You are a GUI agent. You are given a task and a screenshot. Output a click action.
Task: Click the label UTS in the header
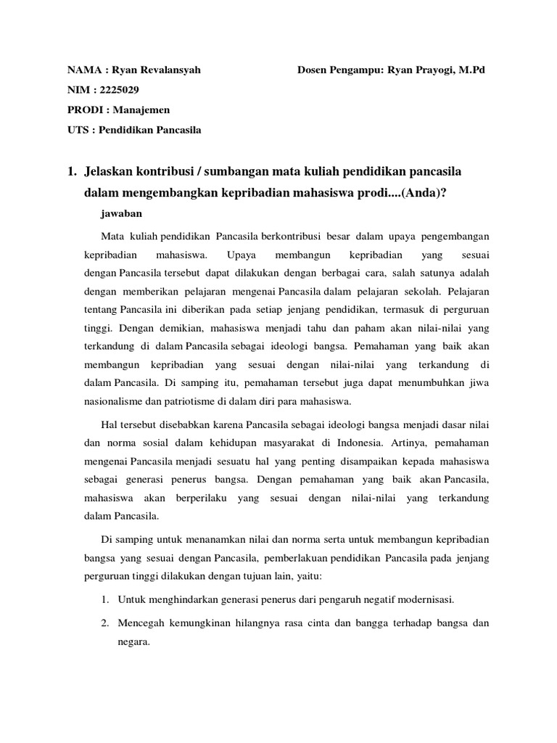[77, 131]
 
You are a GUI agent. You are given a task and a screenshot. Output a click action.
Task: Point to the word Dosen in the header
[313, 70]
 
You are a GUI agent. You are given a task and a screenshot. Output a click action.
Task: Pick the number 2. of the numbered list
[105, 623]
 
